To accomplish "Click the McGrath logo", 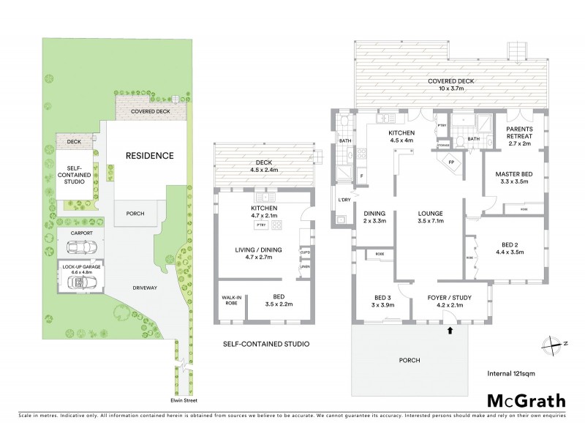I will coord(526,400).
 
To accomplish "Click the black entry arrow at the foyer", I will coord(449,331).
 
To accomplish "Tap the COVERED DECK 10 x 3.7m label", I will coord(451,84).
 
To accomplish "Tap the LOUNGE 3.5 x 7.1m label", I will coord(431,217).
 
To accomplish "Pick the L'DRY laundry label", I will coord(343,200).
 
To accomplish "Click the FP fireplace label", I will coord(451,162).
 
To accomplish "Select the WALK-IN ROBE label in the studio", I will coord(230,299).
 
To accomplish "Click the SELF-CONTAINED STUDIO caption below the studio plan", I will coord(265,343).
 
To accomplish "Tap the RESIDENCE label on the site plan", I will coord(148,155).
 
